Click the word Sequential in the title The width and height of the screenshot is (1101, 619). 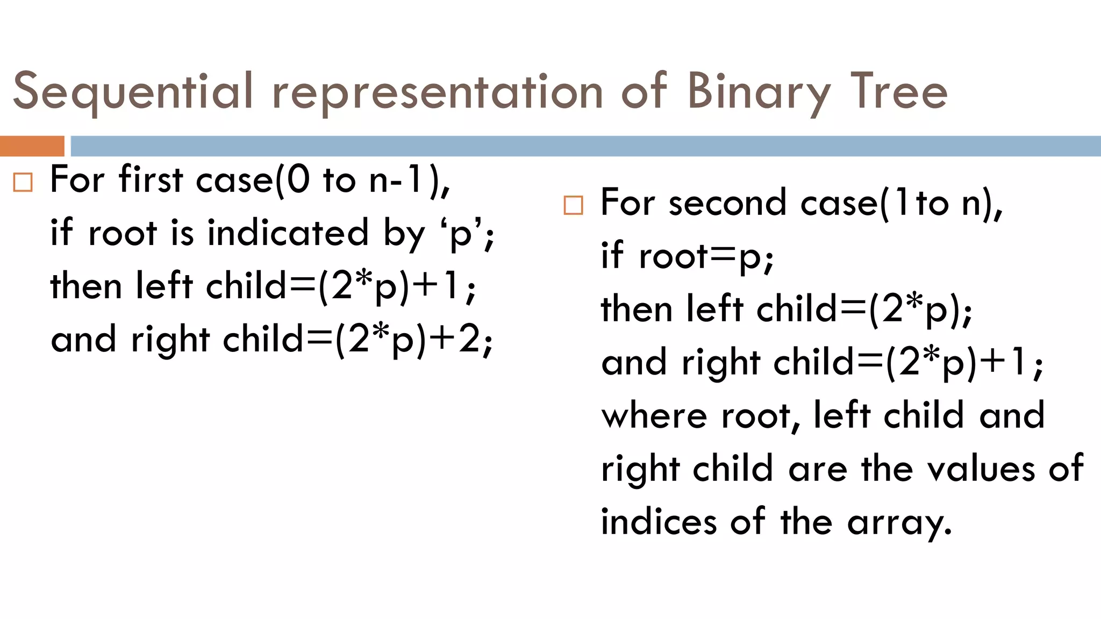click(132, 91)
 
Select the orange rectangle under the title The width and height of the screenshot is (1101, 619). click(32, 146)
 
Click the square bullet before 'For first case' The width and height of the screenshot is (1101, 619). click(23, 183)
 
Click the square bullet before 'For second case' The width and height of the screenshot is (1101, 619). click(573, 205)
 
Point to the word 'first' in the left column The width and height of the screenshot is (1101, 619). click(151, 179)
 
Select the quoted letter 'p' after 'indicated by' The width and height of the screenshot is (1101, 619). click(460, 234)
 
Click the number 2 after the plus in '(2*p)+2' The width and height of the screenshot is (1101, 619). click(469, 340)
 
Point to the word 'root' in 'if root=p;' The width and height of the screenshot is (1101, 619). click(673, 256)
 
